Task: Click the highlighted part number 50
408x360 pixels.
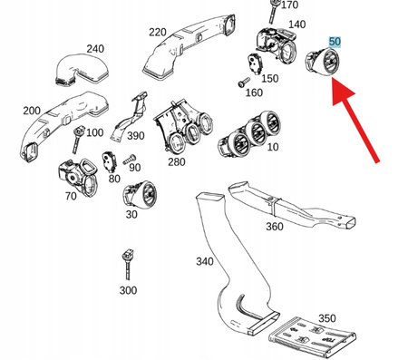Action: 335,42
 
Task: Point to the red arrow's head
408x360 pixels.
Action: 342,90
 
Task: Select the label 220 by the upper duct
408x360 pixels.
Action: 158,32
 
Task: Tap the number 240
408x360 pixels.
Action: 95,49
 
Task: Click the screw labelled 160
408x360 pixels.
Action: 244,82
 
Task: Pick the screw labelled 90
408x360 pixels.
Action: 130,160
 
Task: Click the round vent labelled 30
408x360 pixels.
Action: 139,195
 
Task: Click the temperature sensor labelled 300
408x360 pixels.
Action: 128,265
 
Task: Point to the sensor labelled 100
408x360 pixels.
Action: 77,140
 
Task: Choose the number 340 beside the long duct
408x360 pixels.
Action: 205,261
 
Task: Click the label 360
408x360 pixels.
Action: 275,226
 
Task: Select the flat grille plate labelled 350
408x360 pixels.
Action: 312,337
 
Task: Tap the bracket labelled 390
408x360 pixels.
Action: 130,116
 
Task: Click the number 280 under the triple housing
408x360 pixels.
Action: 177,162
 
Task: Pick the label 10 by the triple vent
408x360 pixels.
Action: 273,147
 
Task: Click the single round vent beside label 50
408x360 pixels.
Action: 322,62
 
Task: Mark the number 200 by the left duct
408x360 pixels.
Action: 32,111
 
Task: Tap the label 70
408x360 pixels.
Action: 71,196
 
